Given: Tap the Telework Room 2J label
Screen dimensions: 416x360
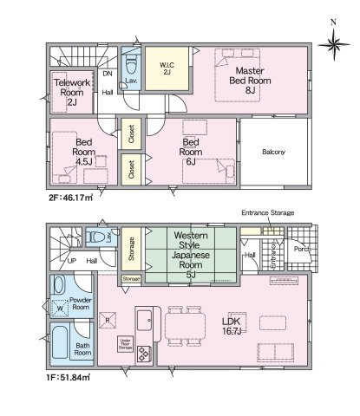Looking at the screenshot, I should click(67, 91).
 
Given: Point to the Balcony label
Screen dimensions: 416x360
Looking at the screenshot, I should click(273, 153).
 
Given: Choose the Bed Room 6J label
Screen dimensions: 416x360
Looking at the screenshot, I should click(193, 146).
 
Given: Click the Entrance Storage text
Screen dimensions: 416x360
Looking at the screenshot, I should click(268, 212).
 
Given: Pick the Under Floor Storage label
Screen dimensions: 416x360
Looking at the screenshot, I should click(126, 344).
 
